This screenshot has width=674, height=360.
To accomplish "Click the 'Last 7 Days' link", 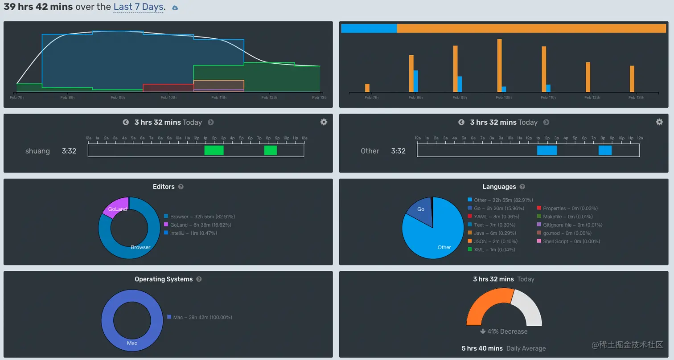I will click(138, 7).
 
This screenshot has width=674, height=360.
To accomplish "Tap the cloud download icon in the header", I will click(175, 8).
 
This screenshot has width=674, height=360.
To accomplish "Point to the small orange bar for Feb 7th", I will click(367, 88).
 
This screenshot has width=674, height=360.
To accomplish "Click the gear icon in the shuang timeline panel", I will click(324, 122).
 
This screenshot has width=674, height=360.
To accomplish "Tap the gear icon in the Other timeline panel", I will click(659, 122).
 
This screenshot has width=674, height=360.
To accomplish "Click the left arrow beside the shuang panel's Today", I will click(126, 122).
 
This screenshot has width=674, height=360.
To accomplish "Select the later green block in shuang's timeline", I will click(270, 151).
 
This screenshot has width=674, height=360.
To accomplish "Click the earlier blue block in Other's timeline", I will click(547, 151).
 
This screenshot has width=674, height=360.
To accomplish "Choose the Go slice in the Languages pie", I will click(419, 211).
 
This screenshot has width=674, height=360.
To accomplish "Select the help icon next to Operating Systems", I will click(199, 279).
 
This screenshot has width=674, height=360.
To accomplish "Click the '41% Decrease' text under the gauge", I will click(504, 331).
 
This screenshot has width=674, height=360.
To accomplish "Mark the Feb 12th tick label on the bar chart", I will click(593, 98).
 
